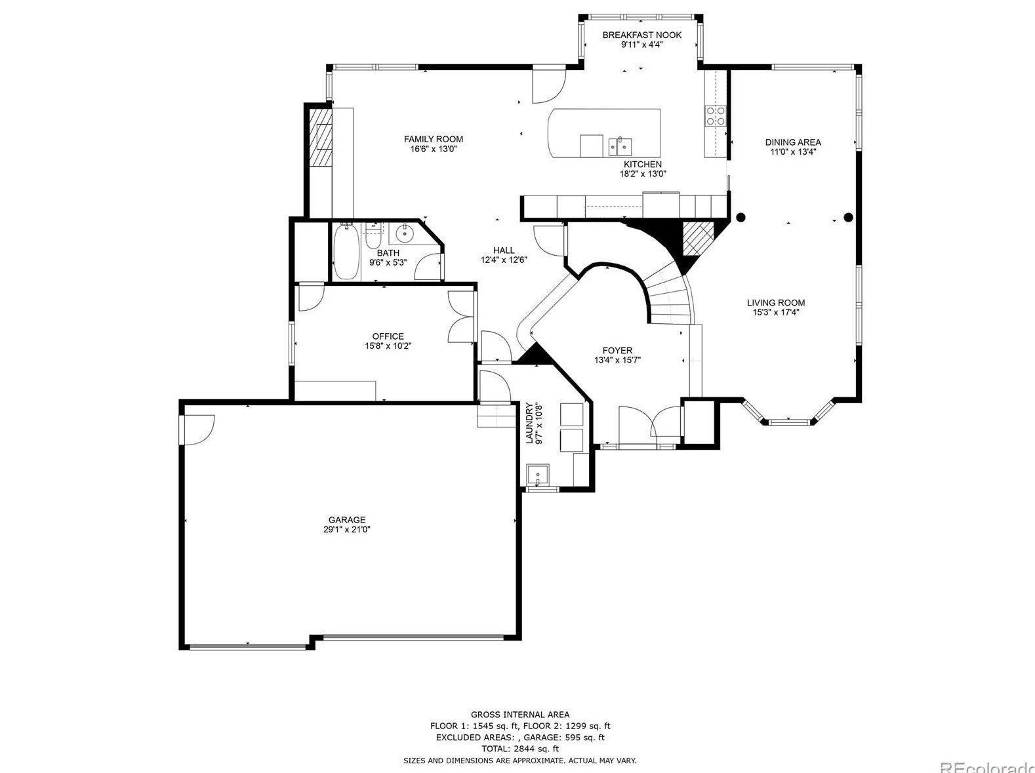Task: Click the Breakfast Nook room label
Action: tap(641, 35)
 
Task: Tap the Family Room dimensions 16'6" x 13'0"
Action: tap(434, 149)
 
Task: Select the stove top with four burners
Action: tap(716, 117)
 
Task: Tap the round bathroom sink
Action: tap(404, 232)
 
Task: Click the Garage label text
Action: tap(347, 520)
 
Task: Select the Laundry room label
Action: tap(529, 424)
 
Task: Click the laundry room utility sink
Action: tap(538, 475)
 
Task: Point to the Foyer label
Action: tap(617, 351)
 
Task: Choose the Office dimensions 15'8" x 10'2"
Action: tap(388, 346)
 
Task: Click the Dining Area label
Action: tap(793, 142)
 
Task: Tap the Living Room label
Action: tap(776, 303)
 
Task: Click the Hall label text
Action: tap(504, 250)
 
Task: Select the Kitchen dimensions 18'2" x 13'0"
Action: tap(643, 174)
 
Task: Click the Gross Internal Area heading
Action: tap(520, 715)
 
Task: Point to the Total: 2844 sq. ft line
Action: tap(520, 749)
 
